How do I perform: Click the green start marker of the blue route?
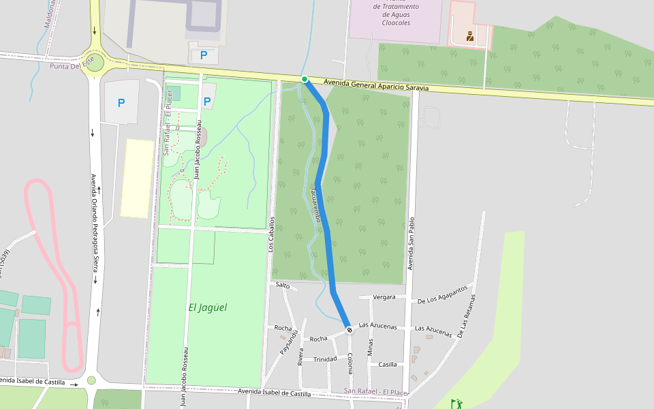[x=305, y=79]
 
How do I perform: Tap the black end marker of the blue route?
[x=349, y=330]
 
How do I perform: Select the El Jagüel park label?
[x=208, y=307]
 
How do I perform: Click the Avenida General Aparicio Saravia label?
[x=376, y=85]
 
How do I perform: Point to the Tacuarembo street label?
[x=316, y=204]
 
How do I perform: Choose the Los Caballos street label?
[x=271, y=234]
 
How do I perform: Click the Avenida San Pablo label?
[x=411, y=244]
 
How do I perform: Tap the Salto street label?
[x=283, y=286]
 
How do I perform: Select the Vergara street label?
[x=384, y=297]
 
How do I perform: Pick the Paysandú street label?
[x=288, y=342]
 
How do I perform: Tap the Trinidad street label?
[x=325, y=359]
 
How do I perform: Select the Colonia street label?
[x=349, y=363]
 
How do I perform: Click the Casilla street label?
[x=388, y=365]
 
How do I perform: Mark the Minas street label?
[x=370, y=347]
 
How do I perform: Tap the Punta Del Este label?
[x=71, y=66]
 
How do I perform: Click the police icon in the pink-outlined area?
[x=470, y=36]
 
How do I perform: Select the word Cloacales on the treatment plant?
[x=396, y=22]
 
